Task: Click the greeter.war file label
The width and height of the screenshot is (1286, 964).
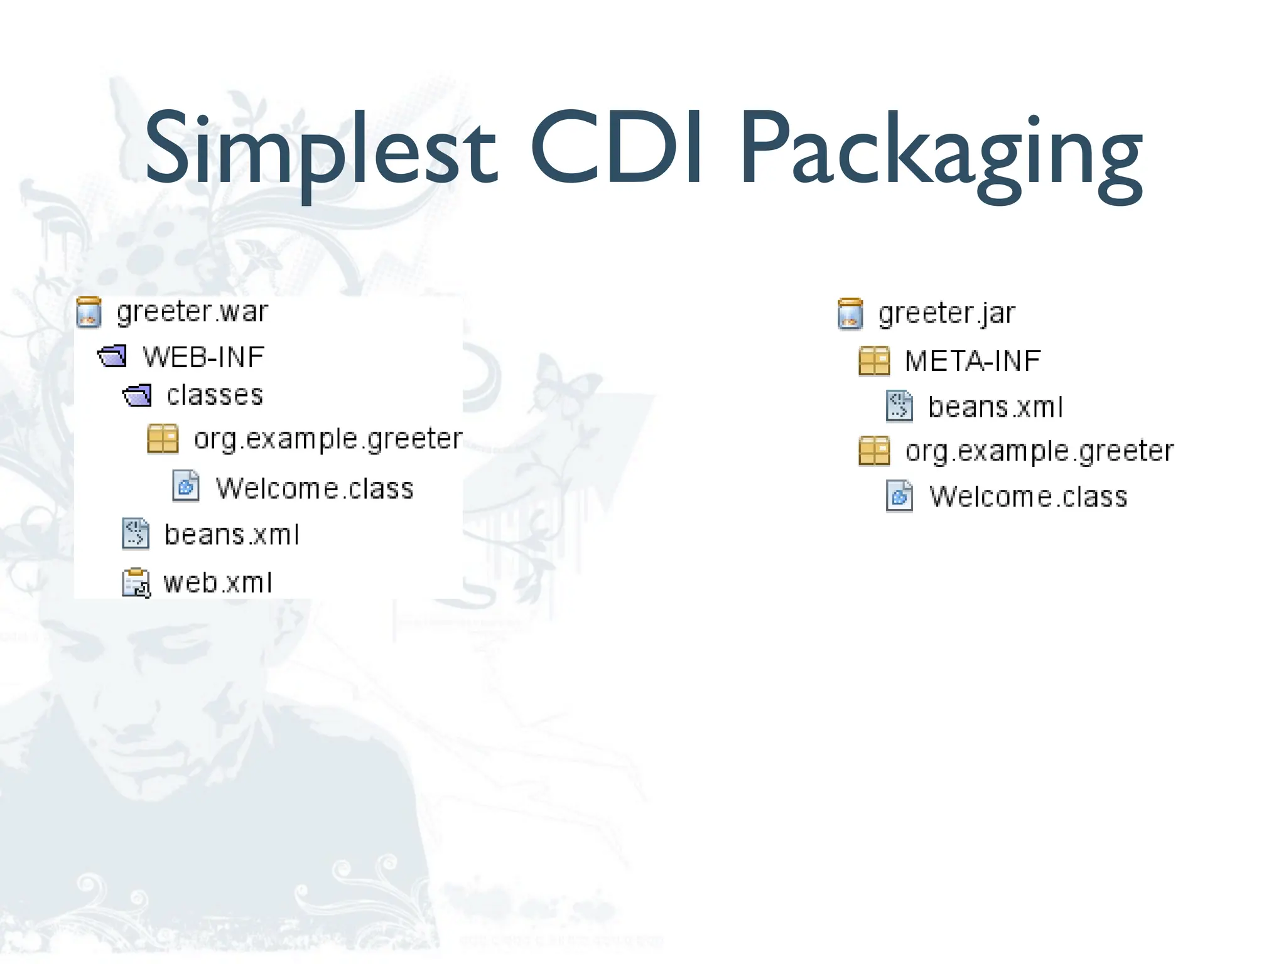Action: coord(192,312)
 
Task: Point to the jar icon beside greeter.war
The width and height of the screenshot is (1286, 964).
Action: coord(89,313)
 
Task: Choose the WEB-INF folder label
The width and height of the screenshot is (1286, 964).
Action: coord(204,357)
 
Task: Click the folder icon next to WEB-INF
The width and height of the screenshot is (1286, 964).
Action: coord(112,356)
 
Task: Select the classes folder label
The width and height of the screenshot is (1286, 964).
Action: coord(215,395)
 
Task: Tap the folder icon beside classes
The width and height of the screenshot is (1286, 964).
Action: coord(137,395)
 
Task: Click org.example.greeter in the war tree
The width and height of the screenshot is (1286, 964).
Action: coord(328,439)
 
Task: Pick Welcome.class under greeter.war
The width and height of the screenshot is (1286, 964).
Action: coord(315,488)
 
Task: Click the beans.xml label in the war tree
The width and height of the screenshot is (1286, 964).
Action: coord(231,535)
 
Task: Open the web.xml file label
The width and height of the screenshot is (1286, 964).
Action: coord(218,582)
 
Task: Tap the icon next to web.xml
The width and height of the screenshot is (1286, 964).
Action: coord(136,583)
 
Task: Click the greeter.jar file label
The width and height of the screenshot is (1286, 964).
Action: coord(946,313)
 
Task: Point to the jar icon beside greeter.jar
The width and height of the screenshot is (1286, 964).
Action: coord(850,314)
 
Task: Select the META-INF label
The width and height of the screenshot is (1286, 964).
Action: coord(973,361)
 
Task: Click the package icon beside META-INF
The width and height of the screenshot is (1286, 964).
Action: coord(874,361)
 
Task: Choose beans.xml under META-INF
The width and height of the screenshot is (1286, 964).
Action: coord(995,407)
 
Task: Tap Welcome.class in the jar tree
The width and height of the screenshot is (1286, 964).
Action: coord(1028,496)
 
